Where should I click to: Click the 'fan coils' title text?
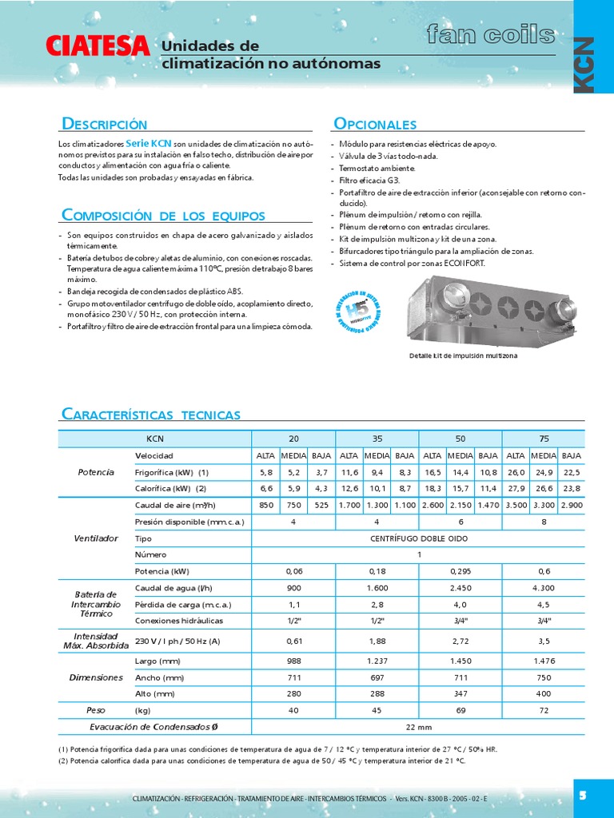click(490, 35)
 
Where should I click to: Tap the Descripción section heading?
click(105, 124)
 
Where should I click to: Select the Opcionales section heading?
click(374, 124)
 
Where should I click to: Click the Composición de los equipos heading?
click(163, 215)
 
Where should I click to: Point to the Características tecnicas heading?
click(151, 414)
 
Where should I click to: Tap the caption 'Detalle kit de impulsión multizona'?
click(463, 355)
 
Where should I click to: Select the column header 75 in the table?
click(543, 439)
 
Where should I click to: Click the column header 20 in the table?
click(293, 439)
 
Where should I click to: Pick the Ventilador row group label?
click(96, 538)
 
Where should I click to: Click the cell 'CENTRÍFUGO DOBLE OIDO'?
click(418, 538)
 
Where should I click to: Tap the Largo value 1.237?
click(377, 661)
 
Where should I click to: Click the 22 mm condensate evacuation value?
click(418, 726)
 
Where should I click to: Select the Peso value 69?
click(460, 709)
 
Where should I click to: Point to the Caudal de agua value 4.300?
click(543, 588)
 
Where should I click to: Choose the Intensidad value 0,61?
click(293, 640)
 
